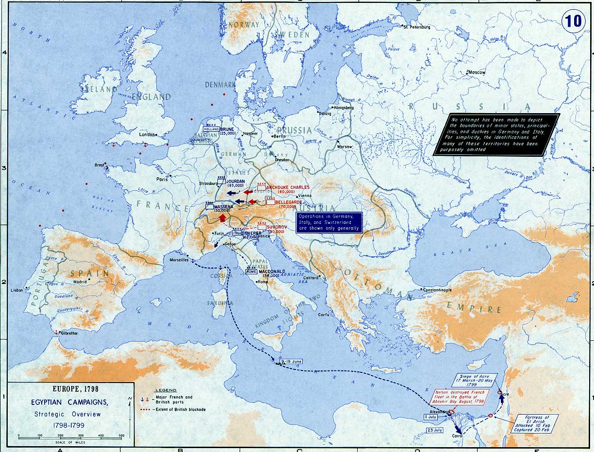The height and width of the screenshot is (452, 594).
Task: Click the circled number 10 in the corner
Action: click(573, 21)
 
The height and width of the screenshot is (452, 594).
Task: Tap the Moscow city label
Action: click(476, 72)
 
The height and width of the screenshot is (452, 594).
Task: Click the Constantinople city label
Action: click(437, 290)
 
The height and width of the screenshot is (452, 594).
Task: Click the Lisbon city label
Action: click(16, 290)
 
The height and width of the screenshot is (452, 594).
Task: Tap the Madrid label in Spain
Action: click(80, 282)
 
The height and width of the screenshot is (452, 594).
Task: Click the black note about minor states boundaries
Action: click(496, 134)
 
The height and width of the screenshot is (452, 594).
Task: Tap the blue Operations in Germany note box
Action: click(329, 222)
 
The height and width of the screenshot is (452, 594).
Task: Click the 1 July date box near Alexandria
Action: click(430, 417)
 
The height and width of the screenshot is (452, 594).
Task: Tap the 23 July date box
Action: click(435, 430)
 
